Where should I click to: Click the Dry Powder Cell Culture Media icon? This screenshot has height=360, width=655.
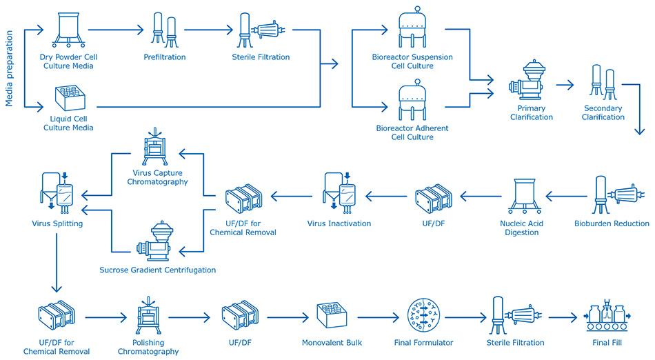pyautogui.click(x=66, y=30)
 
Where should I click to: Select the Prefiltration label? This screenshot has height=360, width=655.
pyautogui.click(x=164, y=57)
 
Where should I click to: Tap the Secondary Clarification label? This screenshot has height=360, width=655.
pyautogui.click(x=603, y=112)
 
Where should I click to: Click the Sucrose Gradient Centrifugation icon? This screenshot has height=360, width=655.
pyautogui.click(x=160, y=244)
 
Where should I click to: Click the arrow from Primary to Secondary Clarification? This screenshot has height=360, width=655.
pyautogui.click(x=565, y=85)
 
